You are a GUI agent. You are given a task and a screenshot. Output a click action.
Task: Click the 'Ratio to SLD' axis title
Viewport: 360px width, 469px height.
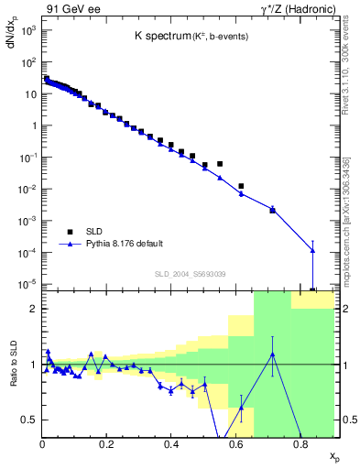pos(13,377)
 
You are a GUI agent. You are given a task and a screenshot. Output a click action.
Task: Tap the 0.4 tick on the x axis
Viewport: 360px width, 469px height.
pos(171,444)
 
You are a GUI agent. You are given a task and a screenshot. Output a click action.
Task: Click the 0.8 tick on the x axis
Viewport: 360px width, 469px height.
pos(300,444)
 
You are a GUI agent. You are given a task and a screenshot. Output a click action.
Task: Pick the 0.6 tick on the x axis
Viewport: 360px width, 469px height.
pos(235,444)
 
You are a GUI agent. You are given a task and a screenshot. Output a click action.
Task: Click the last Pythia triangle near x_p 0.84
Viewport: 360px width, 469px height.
pos(313,250)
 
